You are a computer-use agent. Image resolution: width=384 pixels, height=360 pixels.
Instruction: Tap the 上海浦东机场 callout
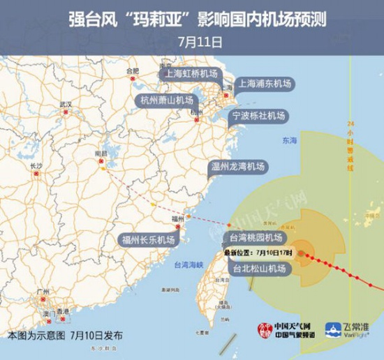265,84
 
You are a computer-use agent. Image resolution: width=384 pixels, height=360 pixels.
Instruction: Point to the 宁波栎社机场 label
259,114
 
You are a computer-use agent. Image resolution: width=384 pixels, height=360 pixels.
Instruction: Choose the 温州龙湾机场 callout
238,166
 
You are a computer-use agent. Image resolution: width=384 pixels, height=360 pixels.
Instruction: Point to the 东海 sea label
290,141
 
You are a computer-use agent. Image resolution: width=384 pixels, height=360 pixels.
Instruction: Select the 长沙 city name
37,165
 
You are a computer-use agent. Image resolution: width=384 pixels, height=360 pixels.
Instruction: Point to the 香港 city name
64,311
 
